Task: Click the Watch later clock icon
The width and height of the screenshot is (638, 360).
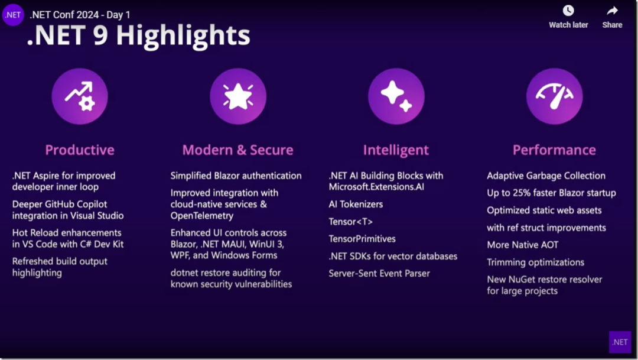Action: pos(568,11)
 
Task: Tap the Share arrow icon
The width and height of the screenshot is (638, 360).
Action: pos(612,11)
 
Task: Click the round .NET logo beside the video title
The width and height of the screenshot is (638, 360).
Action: pos(13,15)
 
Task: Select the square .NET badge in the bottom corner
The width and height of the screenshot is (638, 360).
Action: pos(620,342)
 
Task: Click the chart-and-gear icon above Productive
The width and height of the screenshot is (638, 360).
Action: pos(80,96)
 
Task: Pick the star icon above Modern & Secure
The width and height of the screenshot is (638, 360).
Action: pos(238,96)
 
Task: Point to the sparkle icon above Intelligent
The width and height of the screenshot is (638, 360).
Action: pos(396,96)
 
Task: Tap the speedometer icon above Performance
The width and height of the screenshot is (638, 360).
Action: pos(554,96)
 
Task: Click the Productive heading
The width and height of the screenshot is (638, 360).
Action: pos(80,150)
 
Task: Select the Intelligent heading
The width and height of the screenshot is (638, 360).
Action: pos(396,150)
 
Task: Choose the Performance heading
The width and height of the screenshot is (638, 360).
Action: pos(554,150)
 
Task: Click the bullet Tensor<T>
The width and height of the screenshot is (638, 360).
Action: pos(351,222)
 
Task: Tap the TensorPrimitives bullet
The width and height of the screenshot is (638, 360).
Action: pos(362,239)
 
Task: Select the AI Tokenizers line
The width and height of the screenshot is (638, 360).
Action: pos(356,204)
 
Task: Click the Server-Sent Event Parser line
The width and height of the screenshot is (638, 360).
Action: pos(379,274)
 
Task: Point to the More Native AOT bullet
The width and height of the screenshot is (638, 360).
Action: pos(522,245)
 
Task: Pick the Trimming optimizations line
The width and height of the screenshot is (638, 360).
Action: pos(535,262)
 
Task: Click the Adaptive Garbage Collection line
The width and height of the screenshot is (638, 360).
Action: pos(546,176)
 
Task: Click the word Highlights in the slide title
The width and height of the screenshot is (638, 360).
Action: pos(183,36)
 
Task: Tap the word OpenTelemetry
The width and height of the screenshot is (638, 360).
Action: pos(202,216)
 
